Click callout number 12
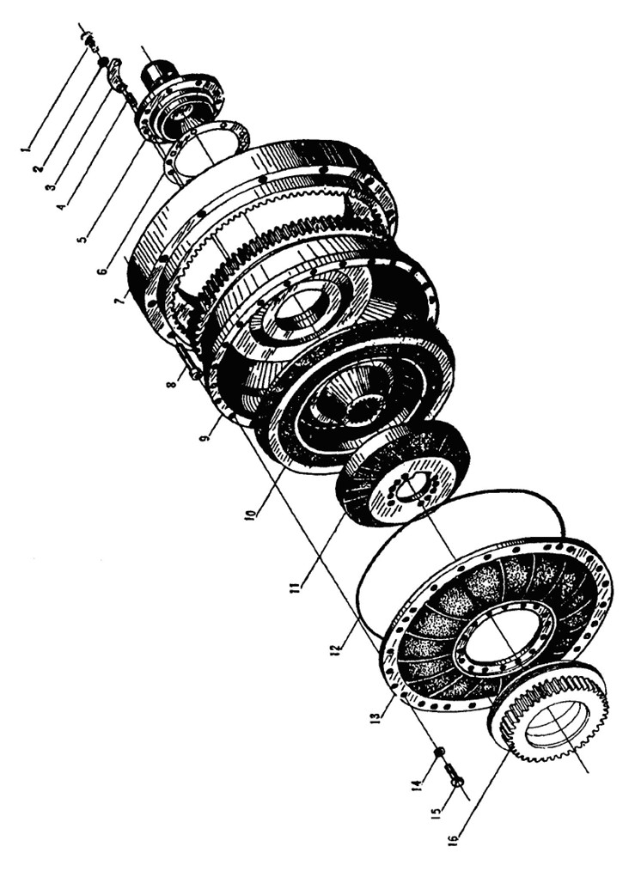(x=340, y=645)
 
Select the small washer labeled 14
(x=439, y=752)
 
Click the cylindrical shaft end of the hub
(x=157, y=73)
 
